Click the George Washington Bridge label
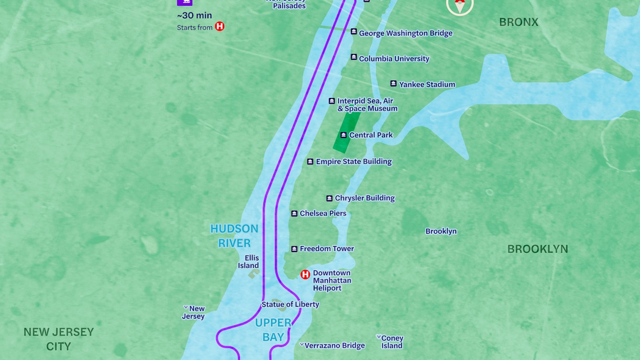tap(405, 33)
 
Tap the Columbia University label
tap(394, 59)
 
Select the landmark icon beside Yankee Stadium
tap(393, 84)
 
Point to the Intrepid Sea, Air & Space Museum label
tap(367, 105)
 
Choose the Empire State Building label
tap(354, 161)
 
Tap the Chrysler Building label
tap(365, 198)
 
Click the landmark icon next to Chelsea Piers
tap(294, 213)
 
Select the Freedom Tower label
tap(327, 248)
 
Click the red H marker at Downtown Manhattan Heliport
tap(305, 274)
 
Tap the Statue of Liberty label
tap(290, 304)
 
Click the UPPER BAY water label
tap(273, 330)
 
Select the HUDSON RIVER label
tap(234, 236)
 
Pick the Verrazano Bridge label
tap(335, 345)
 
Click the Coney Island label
tap(392, 342)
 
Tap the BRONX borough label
tap(518, 22)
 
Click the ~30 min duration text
tap(194, 15)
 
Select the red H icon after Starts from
tap(219, 26)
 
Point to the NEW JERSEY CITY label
tap(59, 339)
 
